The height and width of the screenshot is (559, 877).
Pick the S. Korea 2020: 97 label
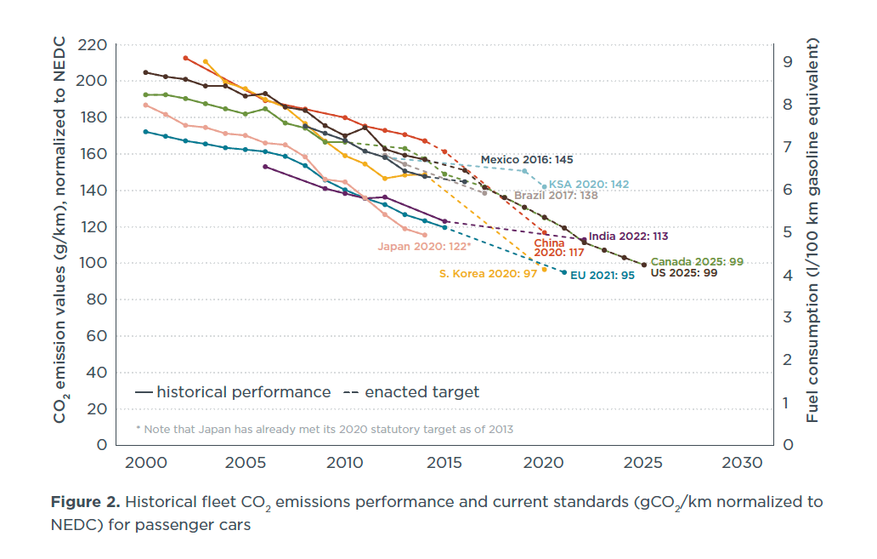click(x=488, y=273)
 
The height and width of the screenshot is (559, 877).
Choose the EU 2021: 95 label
click(x=602, y=276)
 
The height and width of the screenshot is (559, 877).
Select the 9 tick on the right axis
click(x=787, y=62)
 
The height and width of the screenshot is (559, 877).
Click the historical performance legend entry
click(x=233, y=392)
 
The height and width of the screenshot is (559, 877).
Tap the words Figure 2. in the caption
click(x=84, y=502)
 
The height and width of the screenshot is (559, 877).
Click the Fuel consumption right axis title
click(x=813, y=230)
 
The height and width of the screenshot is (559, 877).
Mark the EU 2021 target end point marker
click(x=563, y=272)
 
